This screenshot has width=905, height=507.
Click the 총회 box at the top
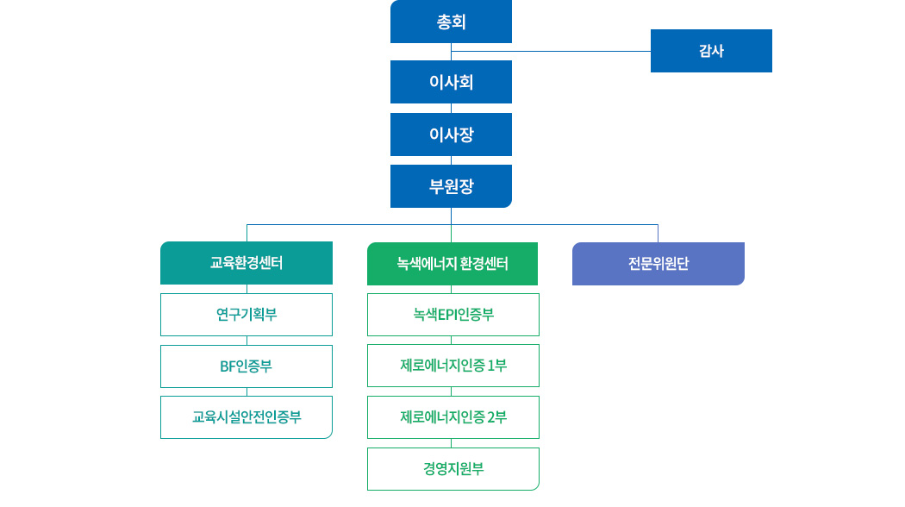tap(451, 22)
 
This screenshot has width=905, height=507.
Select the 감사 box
tap(711, 51)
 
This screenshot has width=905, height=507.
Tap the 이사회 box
tap(451, 82)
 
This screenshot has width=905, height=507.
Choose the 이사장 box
tap(451, 135)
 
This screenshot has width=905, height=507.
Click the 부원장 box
tap(451, 186)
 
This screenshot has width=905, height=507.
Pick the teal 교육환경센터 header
tap(247, 263)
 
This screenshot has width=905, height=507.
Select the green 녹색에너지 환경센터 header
tap(452, 264)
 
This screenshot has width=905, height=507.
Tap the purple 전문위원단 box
tap(658, 264)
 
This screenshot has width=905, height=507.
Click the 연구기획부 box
tap(247, 315)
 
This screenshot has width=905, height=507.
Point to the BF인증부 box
tap(247, 366)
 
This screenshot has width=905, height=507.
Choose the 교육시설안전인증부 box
tap(247, 417)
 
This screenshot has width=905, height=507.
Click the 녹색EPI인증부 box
tap(453, 315)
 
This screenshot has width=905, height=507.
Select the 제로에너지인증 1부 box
tap(453, 366)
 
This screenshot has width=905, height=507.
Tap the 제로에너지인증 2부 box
tap(453, 417)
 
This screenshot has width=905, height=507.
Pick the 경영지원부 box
tap(453, 469)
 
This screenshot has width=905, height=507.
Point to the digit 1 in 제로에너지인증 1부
tap(490, 366)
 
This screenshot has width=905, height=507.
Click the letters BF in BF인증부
tap(227, 366)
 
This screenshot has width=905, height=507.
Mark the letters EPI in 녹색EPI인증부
tap(446, 315)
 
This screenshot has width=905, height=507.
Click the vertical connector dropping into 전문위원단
tap(658, 233)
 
